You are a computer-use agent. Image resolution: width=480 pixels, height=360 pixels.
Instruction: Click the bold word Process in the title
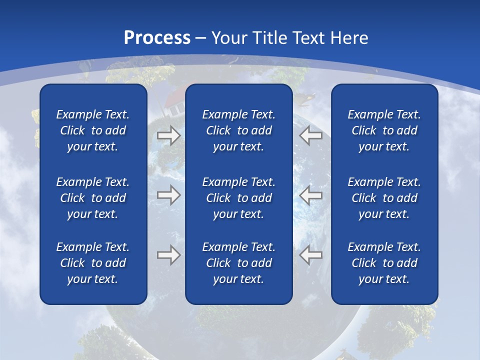(x=157, y=38)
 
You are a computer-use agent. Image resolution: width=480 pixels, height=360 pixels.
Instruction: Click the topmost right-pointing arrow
(x=168, y=135)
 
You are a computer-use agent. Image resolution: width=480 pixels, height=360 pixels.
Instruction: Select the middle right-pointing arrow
(x=168, y=195)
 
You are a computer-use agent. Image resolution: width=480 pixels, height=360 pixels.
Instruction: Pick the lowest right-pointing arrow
(x=168, y=255)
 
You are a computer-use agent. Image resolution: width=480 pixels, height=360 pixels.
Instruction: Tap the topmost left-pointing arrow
(x=310, y=135)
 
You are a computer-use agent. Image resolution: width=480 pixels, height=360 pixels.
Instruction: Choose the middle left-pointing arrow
(x=310, y=195)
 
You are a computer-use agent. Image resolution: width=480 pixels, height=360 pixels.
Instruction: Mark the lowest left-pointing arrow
(x=310, y=255)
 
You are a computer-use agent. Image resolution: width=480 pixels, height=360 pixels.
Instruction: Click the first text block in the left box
(x=93, y=130)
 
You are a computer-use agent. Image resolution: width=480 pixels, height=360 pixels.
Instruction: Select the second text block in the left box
(x=93, y=198)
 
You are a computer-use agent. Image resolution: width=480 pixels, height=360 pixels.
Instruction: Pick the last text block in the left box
(x=93, y=263)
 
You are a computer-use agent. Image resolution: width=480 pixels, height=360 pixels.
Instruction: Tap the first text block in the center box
(x=239, y=130)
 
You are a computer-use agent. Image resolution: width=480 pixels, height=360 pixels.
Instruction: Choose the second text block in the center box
(x=239, y=198)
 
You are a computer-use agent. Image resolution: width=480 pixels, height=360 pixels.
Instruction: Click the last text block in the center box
(x=239, y=263)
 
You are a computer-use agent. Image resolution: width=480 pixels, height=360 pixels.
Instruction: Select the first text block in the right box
(x=384, y=130)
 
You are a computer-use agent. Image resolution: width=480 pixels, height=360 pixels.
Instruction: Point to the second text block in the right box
(x=384, y=198)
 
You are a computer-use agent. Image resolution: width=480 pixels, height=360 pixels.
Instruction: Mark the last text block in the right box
(x=384, y=263)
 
